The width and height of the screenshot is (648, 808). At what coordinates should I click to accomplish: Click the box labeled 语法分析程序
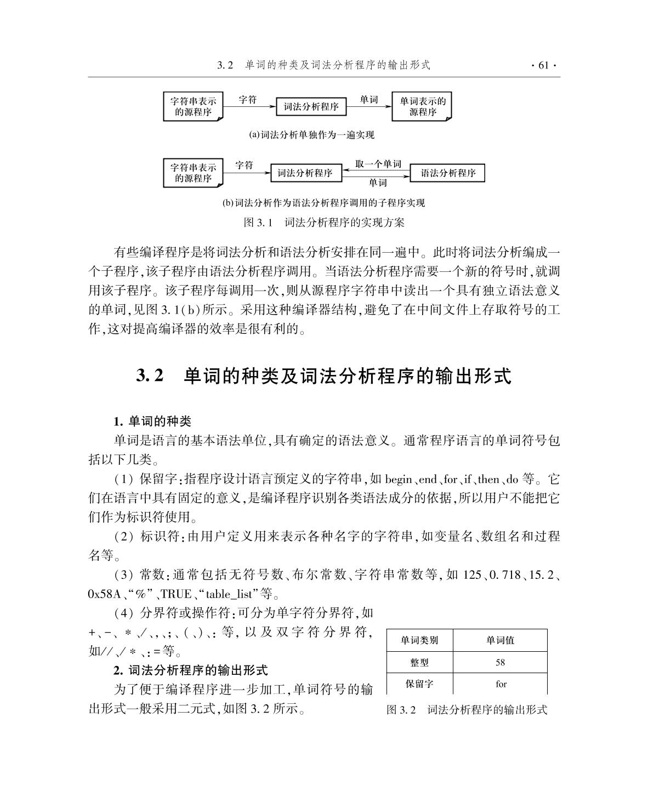point(447,173)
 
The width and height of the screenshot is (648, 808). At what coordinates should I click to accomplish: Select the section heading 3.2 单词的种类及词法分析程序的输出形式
point(323,377)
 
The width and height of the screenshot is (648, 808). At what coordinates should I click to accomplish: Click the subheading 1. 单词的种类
point(152,421)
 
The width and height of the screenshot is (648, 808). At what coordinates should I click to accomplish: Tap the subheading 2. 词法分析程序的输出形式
point(191,670)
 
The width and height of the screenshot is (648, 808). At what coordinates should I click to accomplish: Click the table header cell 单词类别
point(419,640)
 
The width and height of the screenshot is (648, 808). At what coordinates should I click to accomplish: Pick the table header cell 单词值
point(500,640)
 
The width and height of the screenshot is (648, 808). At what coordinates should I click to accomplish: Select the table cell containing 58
point(500,662)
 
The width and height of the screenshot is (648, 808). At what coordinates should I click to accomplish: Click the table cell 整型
point(419,662)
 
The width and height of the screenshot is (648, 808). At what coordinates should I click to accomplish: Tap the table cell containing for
point(501,684)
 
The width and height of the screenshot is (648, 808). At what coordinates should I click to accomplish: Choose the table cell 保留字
point(419,684)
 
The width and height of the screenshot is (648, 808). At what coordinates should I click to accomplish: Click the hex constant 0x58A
point(104,594)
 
